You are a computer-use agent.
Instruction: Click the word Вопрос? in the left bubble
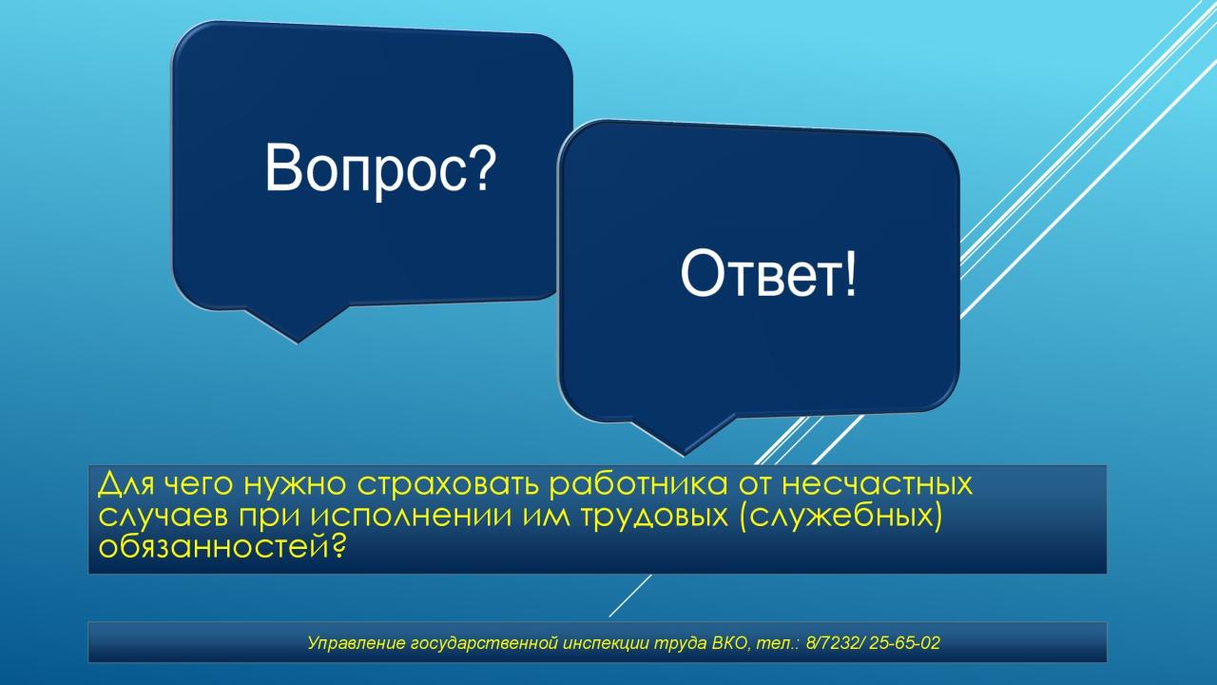tap(380, 169)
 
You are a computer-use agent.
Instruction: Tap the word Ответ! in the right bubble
tap(767, 272)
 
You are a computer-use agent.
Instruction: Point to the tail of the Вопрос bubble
tap(298, 325)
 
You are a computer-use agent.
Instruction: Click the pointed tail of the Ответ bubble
tap(684, 436)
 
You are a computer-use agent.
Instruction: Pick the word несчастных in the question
tap(877, 483)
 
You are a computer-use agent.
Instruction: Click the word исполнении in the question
tap(412, 517)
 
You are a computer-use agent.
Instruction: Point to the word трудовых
tap(655, 517)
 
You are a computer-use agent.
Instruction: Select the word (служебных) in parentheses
tap(840, 517)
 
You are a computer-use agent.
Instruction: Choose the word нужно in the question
tap(295, 484)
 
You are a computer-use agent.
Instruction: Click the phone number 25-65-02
tap(904, 643)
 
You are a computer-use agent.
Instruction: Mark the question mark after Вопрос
tap(482, 166)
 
